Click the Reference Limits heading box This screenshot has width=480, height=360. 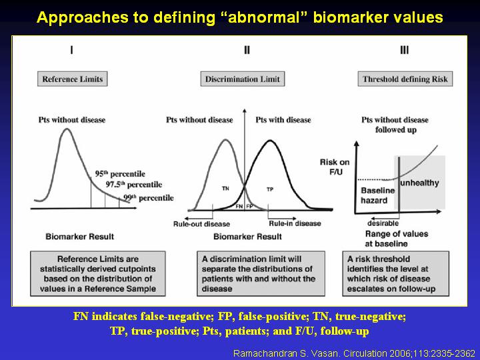(72, 79)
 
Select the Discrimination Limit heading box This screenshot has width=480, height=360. (243, 79)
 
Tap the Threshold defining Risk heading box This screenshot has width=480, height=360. (405, 79)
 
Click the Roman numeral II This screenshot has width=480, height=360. (247, 50)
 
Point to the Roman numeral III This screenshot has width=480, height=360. (405, 50)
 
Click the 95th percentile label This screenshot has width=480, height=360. (120, 174)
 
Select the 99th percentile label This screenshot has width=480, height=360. (149, 198)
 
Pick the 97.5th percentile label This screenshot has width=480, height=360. (134, 185)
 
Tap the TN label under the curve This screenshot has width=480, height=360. (225, 189)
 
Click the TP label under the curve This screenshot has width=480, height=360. (270, 189)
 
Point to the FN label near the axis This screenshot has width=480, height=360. (239, 206)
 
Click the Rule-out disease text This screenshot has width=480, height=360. (201, 224)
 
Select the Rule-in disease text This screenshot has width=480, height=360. (295, 223)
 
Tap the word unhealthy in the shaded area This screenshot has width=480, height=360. (420, 183)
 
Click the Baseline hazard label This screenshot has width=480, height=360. (378, 195)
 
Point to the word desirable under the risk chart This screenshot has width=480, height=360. (383, 223)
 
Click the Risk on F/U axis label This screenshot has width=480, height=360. (335, 167)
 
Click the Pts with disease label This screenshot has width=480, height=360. (283, 120)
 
